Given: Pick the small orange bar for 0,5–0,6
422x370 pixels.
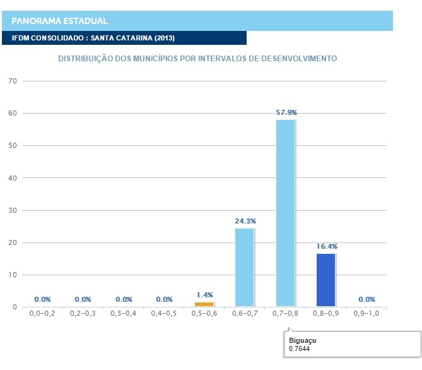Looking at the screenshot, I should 204,304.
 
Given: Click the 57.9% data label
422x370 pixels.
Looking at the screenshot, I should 286,112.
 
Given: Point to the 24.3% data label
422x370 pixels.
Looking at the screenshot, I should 245,221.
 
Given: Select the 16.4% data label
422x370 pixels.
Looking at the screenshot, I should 326,246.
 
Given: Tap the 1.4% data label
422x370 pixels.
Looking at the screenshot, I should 204,295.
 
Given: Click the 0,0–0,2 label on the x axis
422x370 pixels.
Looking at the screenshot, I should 42,313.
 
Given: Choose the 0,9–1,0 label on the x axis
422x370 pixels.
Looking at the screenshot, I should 366,313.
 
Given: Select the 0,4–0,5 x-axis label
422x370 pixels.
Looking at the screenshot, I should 164,313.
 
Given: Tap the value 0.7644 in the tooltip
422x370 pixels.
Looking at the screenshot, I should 300,349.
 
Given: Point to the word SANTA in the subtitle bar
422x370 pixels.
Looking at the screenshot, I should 103,38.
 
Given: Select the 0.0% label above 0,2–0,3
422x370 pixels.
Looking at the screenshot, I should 83,299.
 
